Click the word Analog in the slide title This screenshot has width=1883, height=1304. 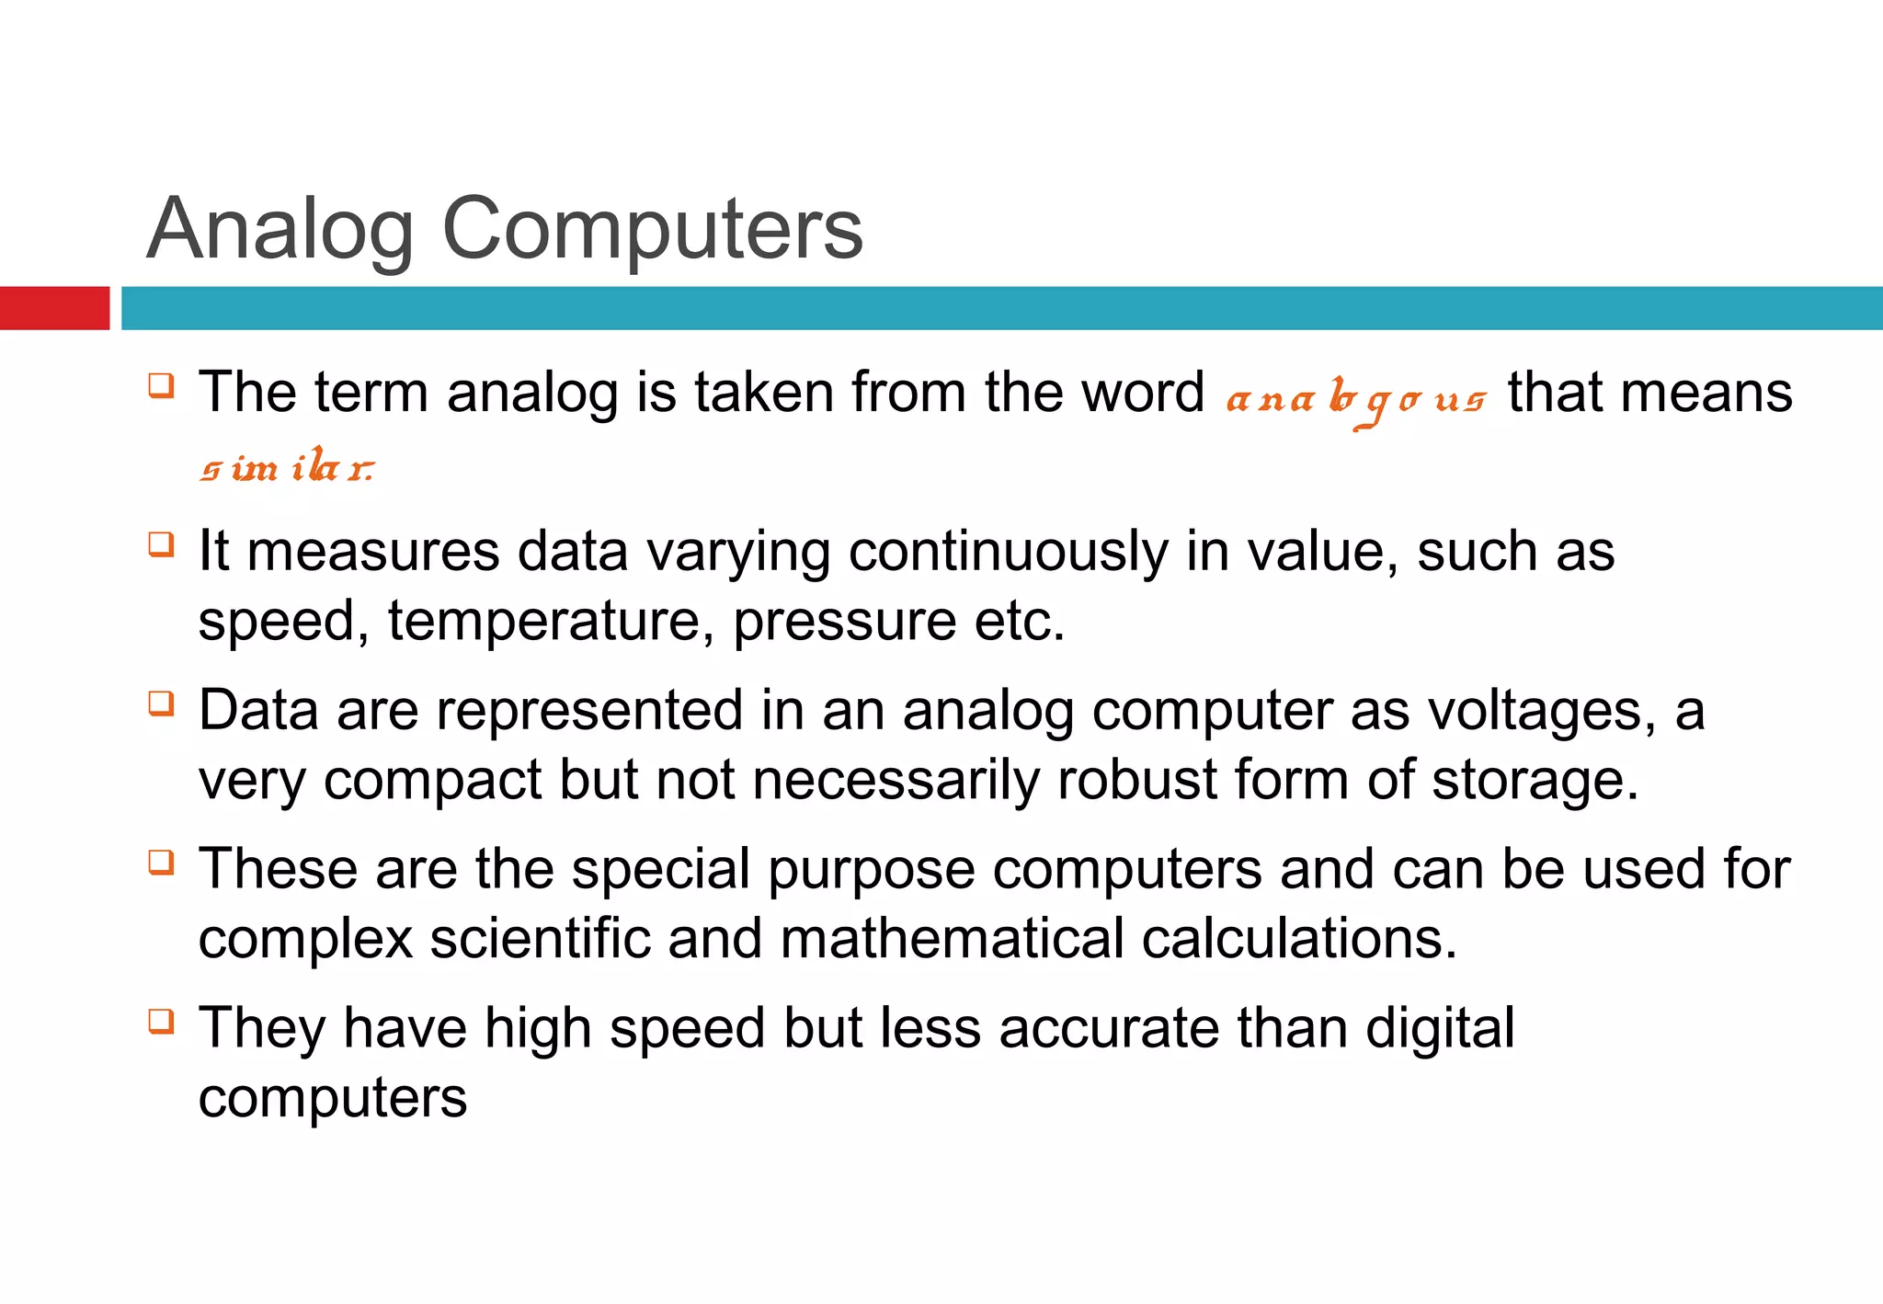click(x=280, y=230)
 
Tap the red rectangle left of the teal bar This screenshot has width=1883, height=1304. click(x=54, y=308)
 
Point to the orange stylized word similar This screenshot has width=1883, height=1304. click(x=287, y=467)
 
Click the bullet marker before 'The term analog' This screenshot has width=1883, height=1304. click(x=161, y=384)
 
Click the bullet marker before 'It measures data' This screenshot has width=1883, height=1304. click(x=161, y=543)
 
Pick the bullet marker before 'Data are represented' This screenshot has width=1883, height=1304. click(x=161, y=703)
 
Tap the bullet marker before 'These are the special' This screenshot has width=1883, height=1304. click(x=161, y=863)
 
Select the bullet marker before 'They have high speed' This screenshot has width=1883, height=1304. click(x=161, y=1021)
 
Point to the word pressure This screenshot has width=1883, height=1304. click(x=844, y=622)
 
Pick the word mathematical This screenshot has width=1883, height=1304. click(x=952, y=939)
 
